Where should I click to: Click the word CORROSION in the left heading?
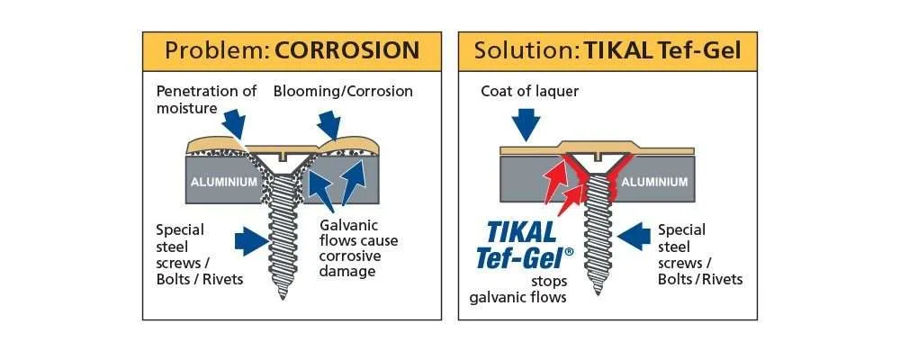point(347,51)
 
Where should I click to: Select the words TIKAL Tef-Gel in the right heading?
point(662,51)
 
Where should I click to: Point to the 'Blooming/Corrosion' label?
point(343,91)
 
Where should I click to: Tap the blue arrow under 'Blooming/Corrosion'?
point(329,122)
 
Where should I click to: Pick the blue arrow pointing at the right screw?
point(633,238)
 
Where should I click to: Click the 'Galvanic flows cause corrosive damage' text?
point(358,247)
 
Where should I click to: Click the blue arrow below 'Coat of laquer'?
point(525,121)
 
